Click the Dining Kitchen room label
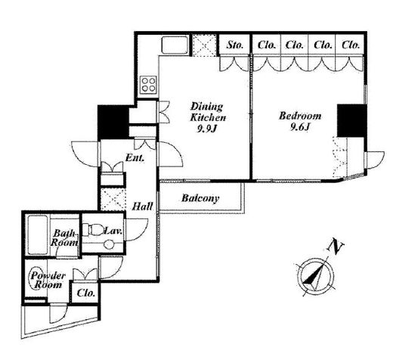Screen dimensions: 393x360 coord(208,112)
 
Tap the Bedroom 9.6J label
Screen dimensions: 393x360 coord(300,122)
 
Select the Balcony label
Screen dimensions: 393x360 coord(200,198)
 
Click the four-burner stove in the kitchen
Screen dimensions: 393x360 coord(149,84)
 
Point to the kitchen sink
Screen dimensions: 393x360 coord(175,45)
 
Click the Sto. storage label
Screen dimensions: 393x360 coord(235,45)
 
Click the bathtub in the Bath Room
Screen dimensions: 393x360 coord(37,234)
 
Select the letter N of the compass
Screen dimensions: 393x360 coord(336,246)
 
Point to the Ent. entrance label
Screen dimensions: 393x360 coord(135,158)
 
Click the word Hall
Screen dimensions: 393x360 coord(143,206)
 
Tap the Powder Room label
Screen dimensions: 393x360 coord(48,280)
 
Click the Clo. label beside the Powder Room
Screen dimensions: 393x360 coord(86,293)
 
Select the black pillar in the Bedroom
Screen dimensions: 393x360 coord(351,121)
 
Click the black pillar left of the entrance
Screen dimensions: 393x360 coord(113,122)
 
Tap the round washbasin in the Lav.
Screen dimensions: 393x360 coord(109,244)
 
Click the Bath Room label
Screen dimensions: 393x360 coord(64,237)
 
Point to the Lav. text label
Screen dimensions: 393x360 coord(113,231)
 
